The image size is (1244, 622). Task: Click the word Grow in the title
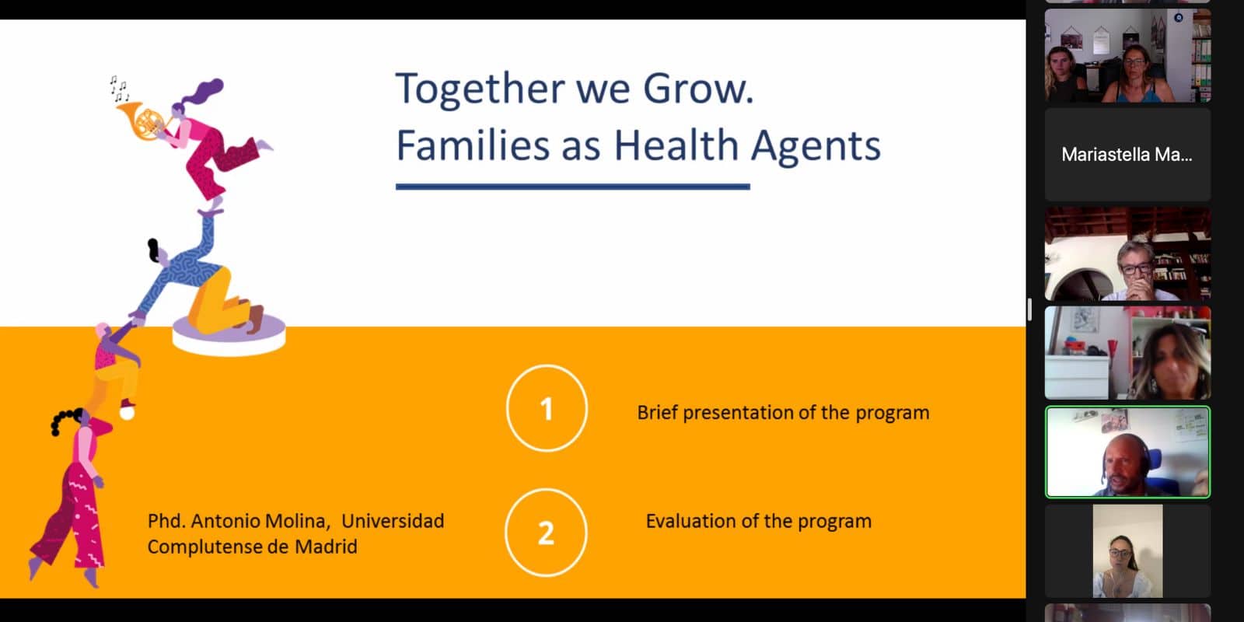698,89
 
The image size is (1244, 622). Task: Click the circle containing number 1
547,408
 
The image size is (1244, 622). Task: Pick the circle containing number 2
546,533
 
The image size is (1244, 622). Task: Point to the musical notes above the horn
119,89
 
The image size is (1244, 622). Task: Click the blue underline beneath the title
572,187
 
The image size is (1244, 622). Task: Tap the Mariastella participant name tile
1127,155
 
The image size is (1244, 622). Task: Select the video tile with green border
1127,452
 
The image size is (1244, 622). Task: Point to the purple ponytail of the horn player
202,91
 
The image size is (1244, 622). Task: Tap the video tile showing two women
1127,55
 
